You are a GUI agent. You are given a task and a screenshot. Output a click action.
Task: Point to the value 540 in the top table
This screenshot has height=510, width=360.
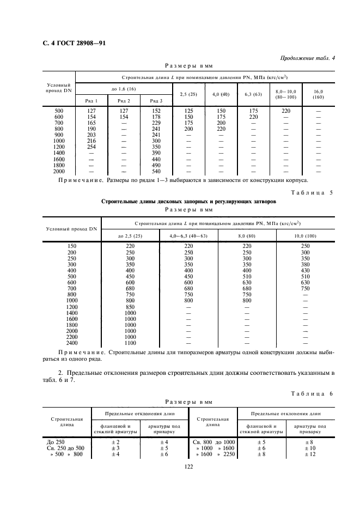coord(157,171)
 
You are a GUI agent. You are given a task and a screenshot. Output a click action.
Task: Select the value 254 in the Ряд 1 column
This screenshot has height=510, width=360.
coord(91,147)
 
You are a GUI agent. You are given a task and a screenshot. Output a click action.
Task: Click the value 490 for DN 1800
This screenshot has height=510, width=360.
coord(157,165)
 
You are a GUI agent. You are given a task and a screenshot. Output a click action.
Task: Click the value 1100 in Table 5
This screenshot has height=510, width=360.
coord(130,343)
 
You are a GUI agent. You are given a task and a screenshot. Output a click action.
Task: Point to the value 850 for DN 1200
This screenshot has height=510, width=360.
coord(130,307)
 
